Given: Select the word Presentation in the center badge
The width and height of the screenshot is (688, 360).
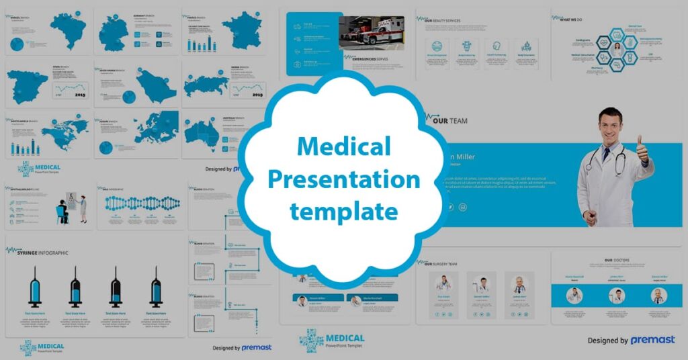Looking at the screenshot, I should (343, 180).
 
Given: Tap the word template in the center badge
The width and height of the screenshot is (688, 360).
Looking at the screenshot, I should (343, 212).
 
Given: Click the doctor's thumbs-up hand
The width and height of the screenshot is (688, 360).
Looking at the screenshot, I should (642, 149).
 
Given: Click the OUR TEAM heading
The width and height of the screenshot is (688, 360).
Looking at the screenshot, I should (449, 121).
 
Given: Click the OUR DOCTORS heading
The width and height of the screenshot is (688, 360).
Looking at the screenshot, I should (617, 260).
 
